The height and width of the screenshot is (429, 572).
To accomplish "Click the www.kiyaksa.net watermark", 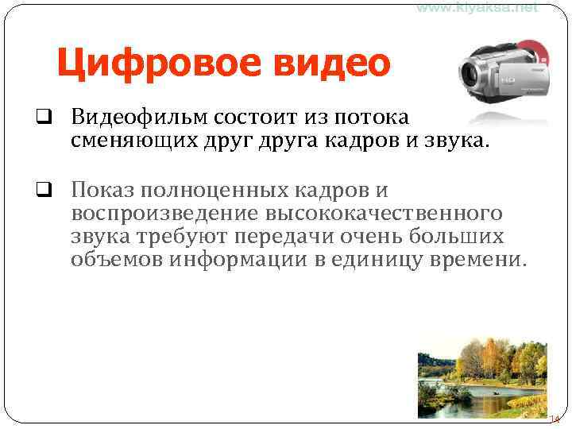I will [x=477, y=7].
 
